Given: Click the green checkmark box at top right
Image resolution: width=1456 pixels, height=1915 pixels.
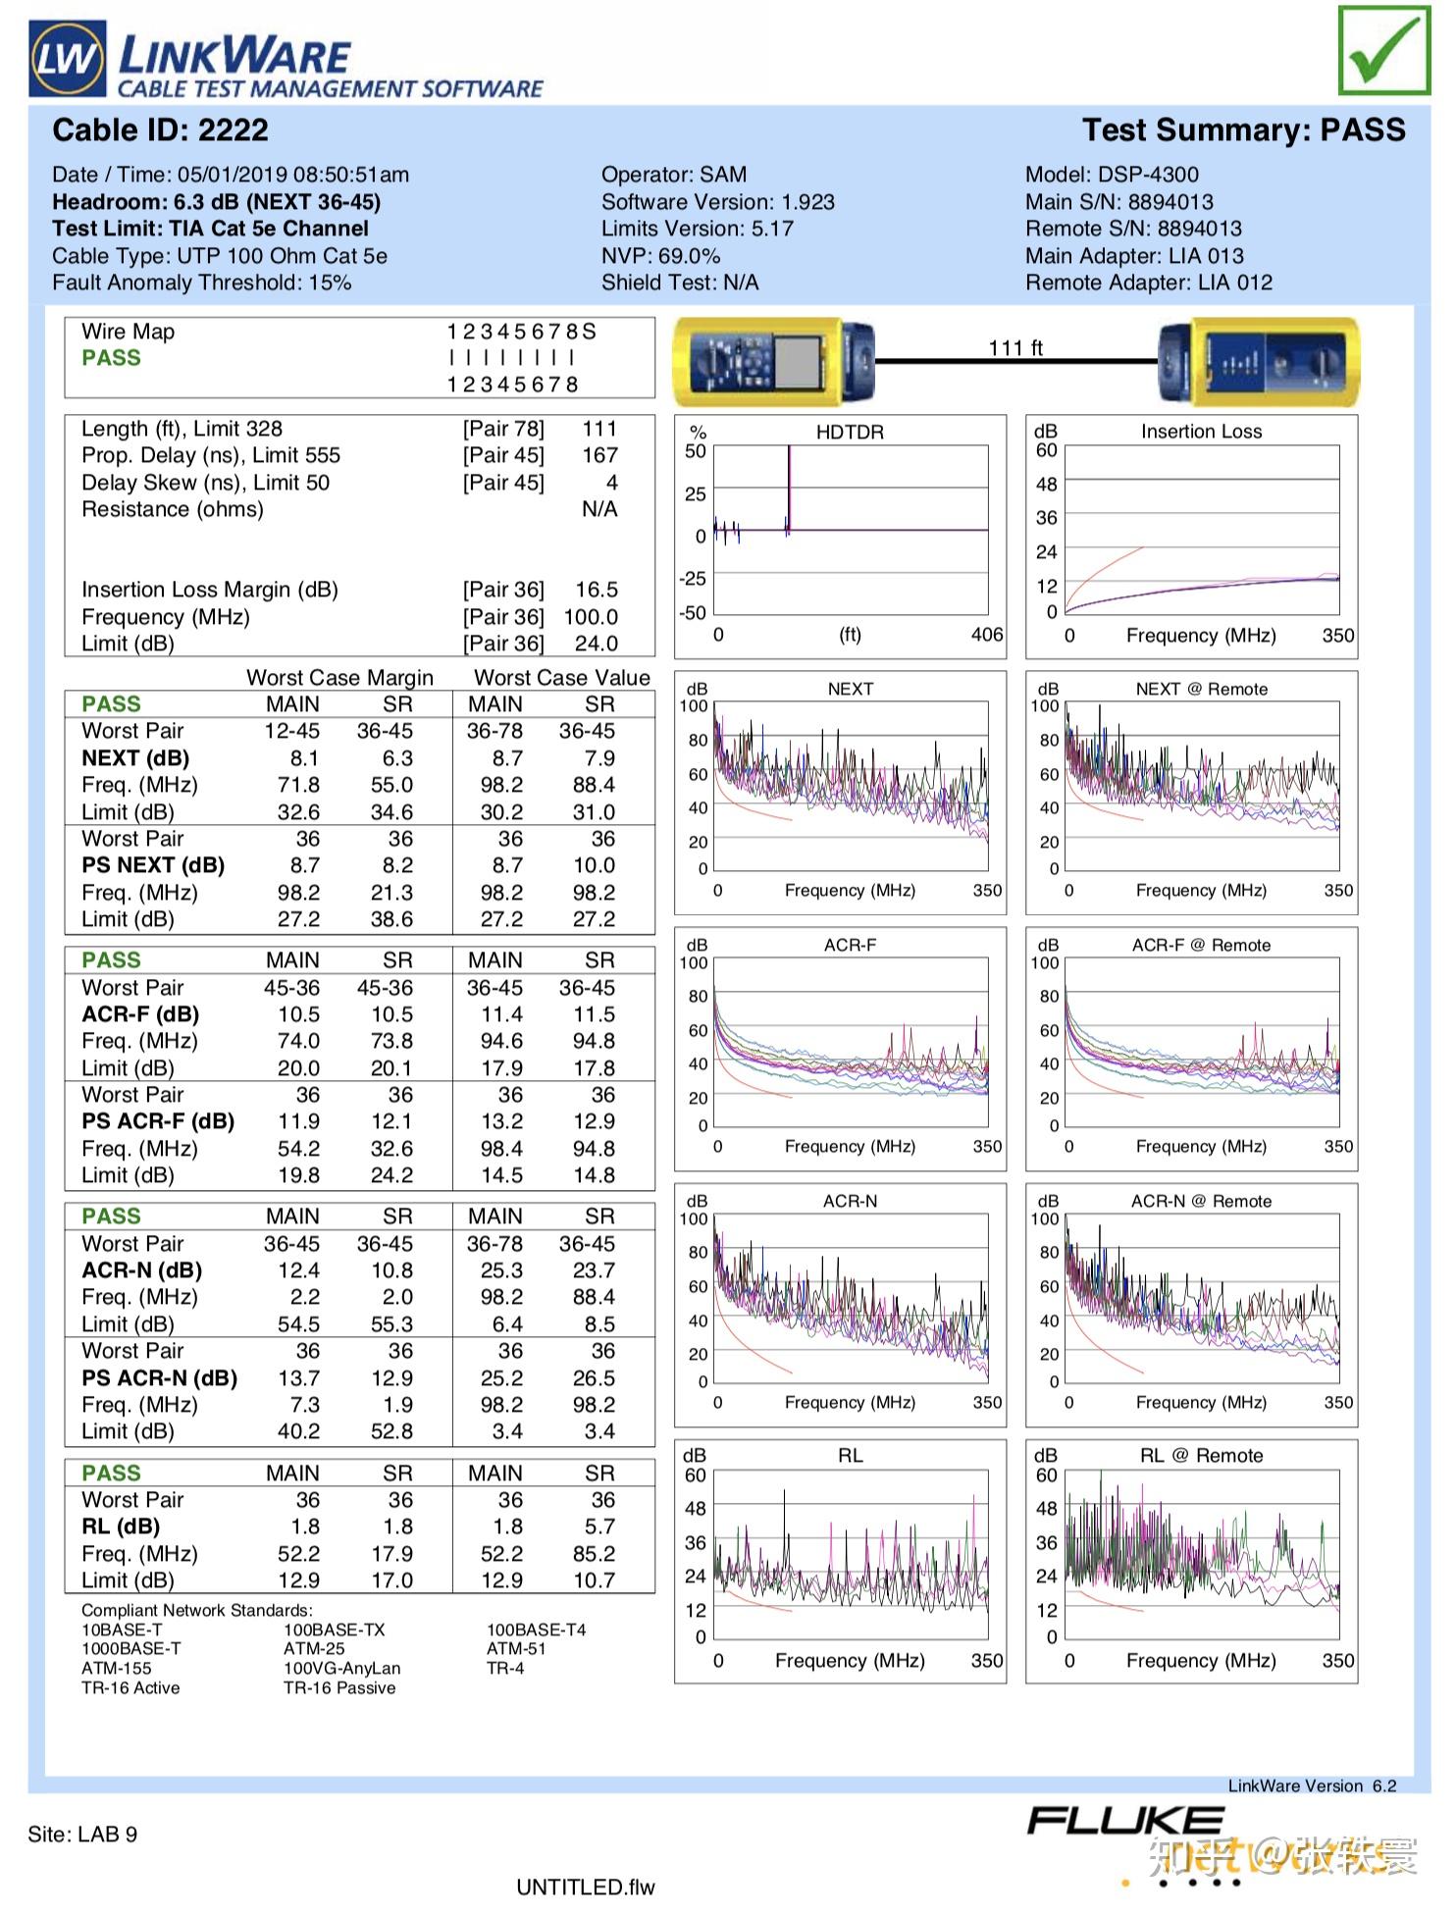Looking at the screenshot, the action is [x=1383, y=50].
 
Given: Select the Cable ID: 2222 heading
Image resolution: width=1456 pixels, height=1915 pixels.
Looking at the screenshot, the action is [x=160, y=130].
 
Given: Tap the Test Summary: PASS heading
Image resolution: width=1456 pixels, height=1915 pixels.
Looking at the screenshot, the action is [x=1243, y=130].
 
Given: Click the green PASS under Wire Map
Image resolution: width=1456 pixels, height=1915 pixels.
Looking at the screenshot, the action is [x=111, y=358].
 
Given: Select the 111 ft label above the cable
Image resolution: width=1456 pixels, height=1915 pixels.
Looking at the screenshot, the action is [x=1015, y=348].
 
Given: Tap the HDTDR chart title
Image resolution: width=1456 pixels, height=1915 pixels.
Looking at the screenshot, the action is [x=850, y=433].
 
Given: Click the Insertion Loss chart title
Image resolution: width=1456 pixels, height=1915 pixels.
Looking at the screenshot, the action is [x=1201, y=432].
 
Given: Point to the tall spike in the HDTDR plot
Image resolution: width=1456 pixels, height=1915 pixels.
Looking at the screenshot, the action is [x=789, y=489].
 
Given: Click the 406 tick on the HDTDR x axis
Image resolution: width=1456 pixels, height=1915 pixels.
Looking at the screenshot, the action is [x=987, y=635].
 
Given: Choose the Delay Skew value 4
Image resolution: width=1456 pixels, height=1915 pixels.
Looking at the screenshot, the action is [x=612, y=483].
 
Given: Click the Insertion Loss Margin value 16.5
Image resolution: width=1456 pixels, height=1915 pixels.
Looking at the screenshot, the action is [x=597, y=590].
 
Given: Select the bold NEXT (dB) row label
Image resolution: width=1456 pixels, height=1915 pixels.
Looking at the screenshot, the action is [x=135, y=758].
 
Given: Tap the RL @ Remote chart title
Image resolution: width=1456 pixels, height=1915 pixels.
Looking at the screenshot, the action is [x=1201, y=1456].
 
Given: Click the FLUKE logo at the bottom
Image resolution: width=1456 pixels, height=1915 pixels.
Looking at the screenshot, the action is [x=1125, y=1822].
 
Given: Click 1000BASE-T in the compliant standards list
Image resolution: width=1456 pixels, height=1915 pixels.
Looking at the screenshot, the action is [x=130, y=1649].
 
